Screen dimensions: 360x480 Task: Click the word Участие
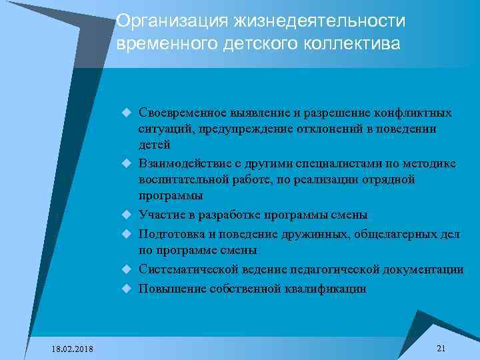point(159,215)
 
